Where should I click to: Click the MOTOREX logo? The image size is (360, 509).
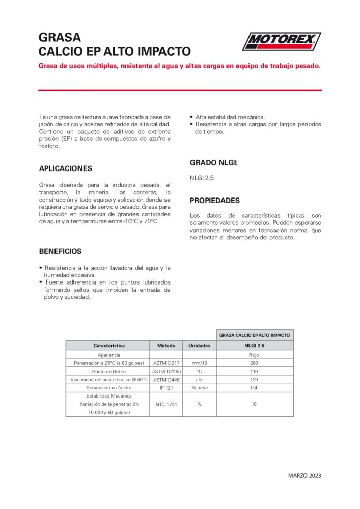pyautogui.click(x=282, y=41)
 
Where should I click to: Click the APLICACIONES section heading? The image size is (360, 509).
pyautogui.click(x=66, y=168)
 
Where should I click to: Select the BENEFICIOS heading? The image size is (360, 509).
pyautogui.click(x=60, y=251)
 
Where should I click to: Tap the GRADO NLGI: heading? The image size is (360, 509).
pyautogui.click(x=214, y=163)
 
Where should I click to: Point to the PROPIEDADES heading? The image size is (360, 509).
pyautogui.click(x=214, y=201)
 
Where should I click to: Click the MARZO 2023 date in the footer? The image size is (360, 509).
pyautogui.click(x=304, y=476)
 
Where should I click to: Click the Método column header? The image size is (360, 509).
pyautogui.click(x=166, y=345)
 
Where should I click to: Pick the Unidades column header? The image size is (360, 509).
pyautogui.click(x=200, y=345)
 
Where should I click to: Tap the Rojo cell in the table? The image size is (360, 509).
pyautogui.click(x=254, y=354)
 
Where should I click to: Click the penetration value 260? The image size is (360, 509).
pyautogui.click(x=254, y=363)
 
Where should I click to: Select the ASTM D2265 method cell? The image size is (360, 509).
pyautogui.click(x=166, y=371)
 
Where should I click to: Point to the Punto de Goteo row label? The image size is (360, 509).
pyautogui.click(x=107, y=371)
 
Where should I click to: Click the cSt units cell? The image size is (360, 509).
pyautogui.click(x=200, y=379)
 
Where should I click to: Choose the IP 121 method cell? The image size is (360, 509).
pyautogui.click(x=166, y=388)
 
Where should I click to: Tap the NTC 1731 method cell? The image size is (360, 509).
pyautogui.click(x=166, y=404)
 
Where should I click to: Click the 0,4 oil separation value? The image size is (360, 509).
pyautogui.click(x=254, y=388)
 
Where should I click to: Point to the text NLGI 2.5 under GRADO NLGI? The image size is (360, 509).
pyautogui.click(x=202, y=177)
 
